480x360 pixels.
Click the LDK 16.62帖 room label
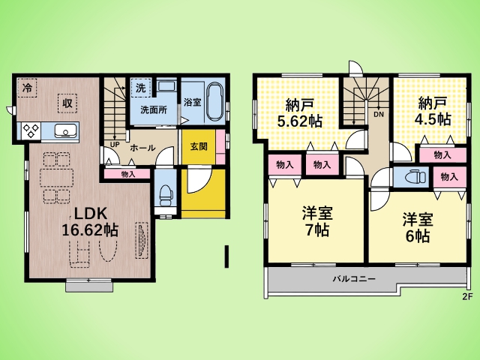pos(90,222)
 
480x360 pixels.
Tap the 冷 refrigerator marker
pos(27,88)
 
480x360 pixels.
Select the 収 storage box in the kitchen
pos(67,103)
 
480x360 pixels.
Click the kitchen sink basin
pos(65,131)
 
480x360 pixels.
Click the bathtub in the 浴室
pos(214,101)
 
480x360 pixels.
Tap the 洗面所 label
pos(154,110)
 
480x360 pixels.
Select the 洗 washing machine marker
pos(140,88)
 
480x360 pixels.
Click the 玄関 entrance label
pos(199,147)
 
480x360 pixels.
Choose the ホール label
pos(142,148)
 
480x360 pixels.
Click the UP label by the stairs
pos(115,144)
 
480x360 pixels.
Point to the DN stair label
pos(379,115)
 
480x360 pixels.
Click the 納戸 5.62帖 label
pos(300,113)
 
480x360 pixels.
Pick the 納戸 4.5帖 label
pos(433,111)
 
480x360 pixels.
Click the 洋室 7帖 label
pos(317,222)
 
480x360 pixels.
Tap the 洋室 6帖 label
pos(418,228)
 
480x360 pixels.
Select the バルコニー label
pos(354,279)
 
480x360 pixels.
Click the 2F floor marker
pos(468,296)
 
